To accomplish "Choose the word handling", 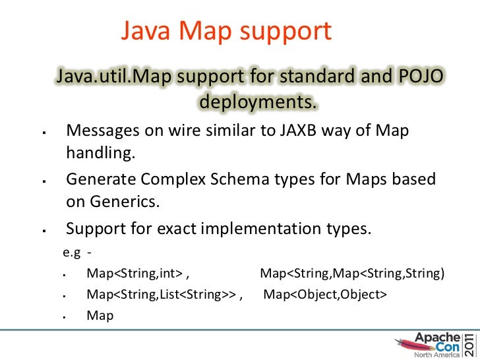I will point(100,154).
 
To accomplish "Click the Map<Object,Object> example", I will point(325,294).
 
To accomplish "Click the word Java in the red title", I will point(146,30).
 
